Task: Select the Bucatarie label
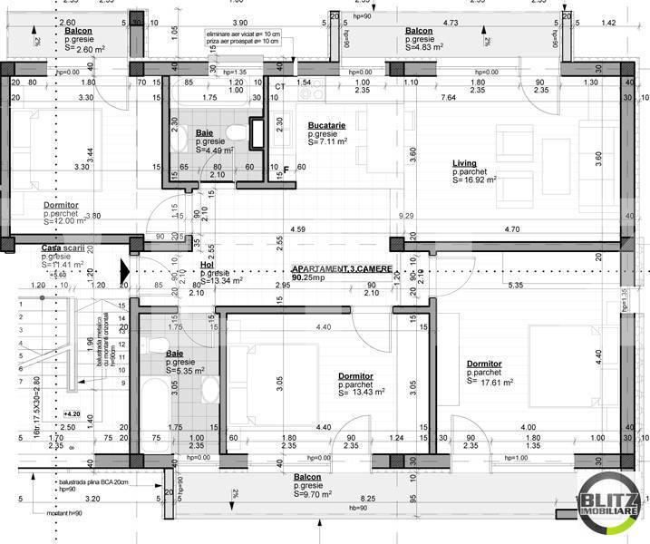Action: click(x=325, y=125)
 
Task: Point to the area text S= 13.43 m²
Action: click(x=361, y=393)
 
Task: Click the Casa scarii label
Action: click(x=63, y=248)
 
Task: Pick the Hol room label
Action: click(x=206, y=266)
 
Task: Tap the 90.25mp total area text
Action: click(x=309, y=279)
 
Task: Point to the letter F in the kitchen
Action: click(x=286, y=170)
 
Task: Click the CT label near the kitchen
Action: click(x=279, y=85)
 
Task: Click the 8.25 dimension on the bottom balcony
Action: click(x=368, y=499)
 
